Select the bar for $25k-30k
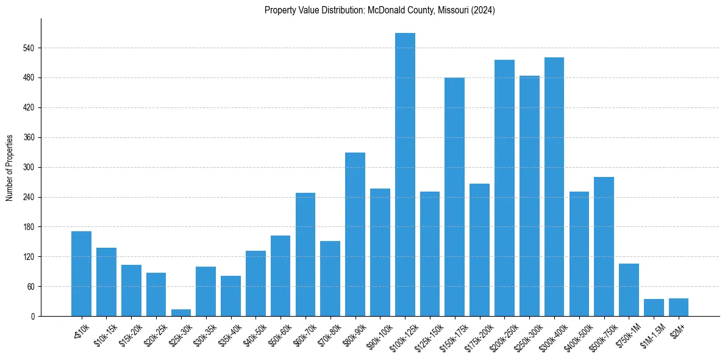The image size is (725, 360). click(x=180, y=312)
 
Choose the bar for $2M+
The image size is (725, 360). click(x=678, y=307)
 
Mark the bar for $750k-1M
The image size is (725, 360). click(x=629, y=290)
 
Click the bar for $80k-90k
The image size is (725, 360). click(x=355, y=234)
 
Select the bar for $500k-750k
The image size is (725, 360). click(x=604, y=247)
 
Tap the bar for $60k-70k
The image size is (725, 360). click(x=305, y=254)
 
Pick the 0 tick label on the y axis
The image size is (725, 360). click(x=33, y=316)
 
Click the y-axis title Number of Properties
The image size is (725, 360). click(x=10, y=168)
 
